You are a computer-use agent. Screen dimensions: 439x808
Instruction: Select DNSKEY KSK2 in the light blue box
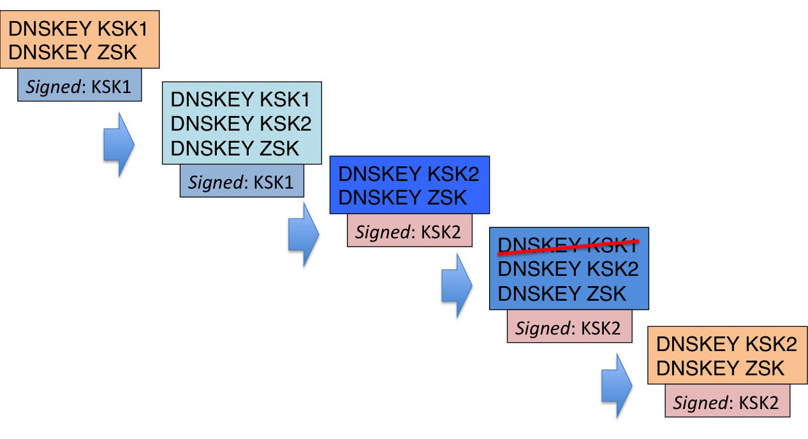[x=241, y=124]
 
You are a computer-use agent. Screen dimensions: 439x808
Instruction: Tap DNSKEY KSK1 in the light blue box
[x=241, y=100]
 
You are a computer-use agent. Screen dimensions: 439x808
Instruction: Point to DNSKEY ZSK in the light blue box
[x=235, y=148]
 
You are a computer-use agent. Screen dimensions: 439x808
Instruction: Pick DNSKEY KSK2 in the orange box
[x=726, y=345]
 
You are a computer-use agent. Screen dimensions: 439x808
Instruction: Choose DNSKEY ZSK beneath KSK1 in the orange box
[x=73, y=52]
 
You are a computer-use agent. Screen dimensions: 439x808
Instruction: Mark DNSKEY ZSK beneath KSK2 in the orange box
[x=720, y=368]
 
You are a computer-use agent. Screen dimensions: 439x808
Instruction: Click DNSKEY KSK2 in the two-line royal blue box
[x=409, y=174]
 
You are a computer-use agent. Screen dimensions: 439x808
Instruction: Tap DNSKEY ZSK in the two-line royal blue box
[x=402, y=198]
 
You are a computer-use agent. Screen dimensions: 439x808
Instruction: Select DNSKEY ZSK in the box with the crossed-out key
[x=562, y=293]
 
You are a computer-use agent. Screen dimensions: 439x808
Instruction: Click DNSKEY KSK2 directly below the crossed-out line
[x=568, y=270]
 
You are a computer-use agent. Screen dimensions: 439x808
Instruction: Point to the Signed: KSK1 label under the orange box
[x=79, y=86]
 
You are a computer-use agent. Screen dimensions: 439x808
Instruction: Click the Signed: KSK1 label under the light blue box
[x=241, y=182]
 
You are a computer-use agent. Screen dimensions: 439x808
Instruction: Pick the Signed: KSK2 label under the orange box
[x=726, y=402]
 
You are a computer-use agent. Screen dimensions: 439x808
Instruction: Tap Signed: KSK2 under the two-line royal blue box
[x=409, y=231]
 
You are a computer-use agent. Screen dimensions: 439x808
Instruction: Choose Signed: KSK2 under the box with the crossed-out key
[x=569, y=327]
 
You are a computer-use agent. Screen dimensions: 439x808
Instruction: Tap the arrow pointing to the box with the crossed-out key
[x=457, y=287]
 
